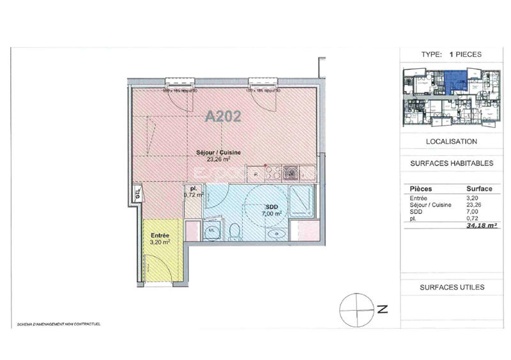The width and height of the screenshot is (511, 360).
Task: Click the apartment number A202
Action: point(223,117)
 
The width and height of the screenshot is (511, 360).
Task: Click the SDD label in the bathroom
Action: point(271,207)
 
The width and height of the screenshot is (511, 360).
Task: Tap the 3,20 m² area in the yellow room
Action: point(160,243)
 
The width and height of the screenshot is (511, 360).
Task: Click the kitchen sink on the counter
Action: point(291,171)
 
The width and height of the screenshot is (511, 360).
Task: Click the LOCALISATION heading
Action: point(451,141)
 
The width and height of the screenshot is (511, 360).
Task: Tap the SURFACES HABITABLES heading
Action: point(451,163)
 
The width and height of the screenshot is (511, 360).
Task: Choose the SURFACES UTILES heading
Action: point(451,287)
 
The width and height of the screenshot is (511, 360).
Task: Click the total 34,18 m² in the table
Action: point(482,225)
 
